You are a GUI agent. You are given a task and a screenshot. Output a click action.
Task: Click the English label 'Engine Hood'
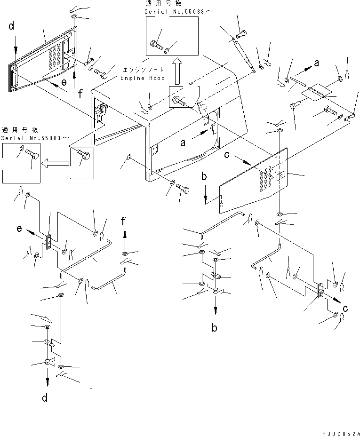click(143, 78)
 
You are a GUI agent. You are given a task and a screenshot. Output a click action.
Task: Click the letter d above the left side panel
click(12, 27)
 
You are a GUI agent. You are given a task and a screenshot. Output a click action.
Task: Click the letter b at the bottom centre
click(215, 328)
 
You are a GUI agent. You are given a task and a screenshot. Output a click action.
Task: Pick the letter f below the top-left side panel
click(81, 94)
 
